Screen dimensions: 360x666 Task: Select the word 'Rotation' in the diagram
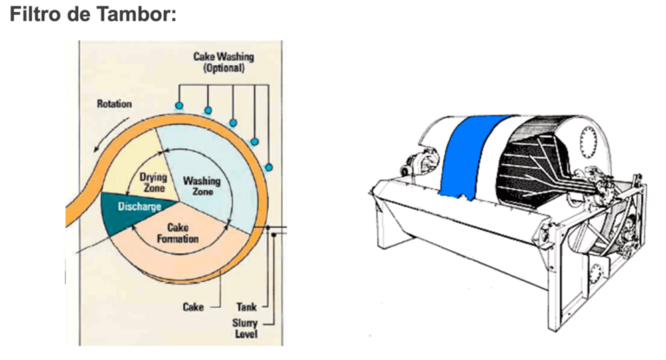114,104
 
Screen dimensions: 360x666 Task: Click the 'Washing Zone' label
201,186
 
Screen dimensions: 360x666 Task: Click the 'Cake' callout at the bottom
193,306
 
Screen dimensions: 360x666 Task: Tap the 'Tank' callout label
245,306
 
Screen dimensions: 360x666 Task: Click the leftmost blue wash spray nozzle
179,105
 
